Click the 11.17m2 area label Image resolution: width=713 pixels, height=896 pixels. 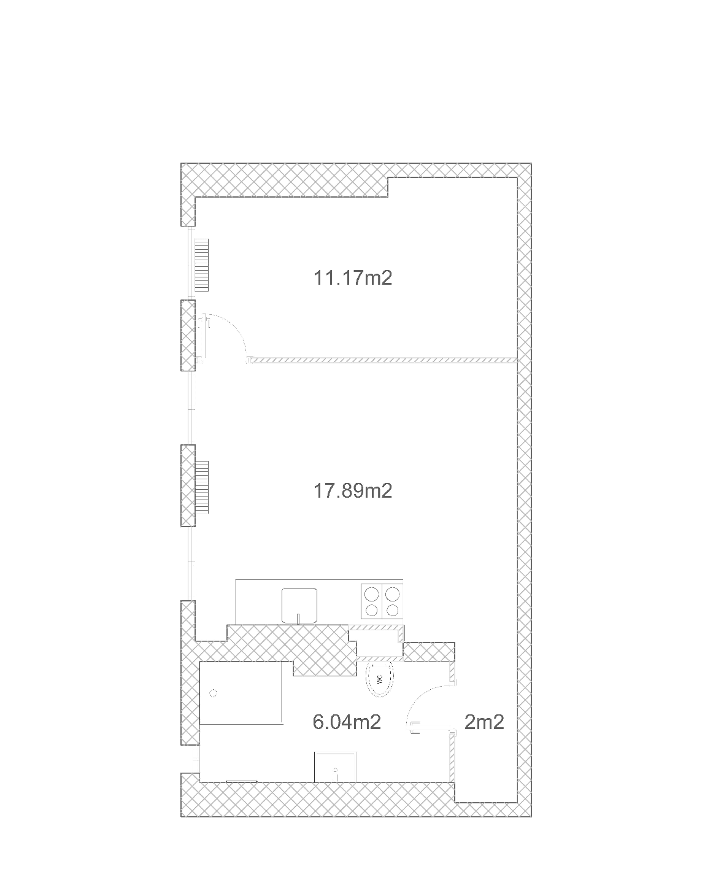(x=353, y=278)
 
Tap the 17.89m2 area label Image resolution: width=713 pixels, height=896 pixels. (x=353, y=491)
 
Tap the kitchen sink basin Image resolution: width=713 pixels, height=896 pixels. (x=299, y=605)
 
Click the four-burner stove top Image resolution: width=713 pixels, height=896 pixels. (x=382, y=601)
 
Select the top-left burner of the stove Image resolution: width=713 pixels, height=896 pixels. (x=371, y=593)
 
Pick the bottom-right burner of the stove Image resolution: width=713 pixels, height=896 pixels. (x=393, y=610)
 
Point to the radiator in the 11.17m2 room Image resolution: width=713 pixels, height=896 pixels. (x=201, y=265)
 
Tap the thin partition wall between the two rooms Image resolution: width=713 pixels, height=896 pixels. (x=383, y=360)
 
